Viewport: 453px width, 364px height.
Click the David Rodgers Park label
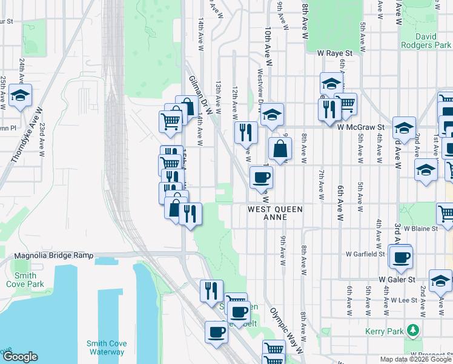(x=426, y=41)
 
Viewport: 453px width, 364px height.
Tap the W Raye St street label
(x=335, y=53)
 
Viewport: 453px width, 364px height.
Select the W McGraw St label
(x=362, y=127)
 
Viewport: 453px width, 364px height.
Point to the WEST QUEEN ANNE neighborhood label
(x=274, y=214)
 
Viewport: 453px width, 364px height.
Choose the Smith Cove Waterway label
(x=105, y=348)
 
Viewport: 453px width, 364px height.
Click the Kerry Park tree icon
(x=413, y=330)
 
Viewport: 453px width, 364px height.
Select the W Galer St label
(x=397, y=280)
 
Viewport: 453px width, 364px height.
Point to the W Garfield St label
(x=365, y=254)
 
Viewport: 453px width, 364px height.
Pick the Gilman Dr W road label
(x=201, y=95)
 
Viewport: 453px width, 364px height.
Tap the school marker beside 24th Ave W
(x=21, y=95)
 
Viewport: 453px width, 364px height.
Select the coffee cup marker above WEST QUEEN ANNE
(x=261, y=177)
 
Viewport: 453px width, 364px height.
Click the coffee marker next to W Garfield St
(x=401, y=256)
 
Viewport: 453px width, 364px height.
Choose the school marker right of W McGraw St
(x=404, y=127)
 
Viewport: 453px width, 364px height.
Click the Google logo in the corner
(x=20, y=357)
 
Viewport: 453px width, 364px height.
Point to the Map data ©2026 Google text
(x=415, y=359)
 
